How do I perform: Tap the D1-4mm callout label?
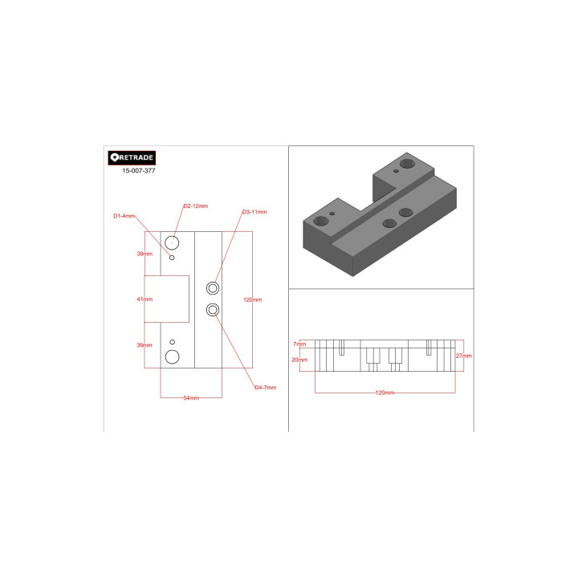pos(124,216)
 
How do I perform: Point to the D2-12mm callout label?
pos(195,206)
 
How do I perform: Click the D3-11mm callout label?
pos(254,212)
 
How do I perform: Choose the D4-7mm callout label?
pos(265,388)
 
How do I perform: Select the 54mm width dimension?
pos(191,398)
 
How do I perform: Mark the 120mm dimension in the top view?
pos(252,299)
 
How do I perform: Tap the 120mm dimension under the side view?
pos(385,393)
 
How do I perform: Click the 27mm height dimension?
pos(463,355)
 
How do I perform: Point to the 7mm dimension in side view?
pos(299,344)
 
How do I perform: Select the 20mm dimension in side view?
pos(299,360)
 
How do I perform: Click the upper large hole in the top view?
pos(173,242)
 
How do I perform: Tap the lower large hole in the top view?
pos(173,356)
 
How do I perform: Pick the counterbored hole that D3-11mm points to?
pos(213,287)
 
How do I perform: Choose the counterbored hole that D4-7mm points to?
pos(213,310)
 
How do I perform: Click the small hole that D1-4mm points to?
pos(173,258)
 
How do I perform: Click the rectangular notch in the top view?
pos(167,299)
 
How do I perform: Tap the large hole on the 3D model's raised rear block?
pos(409,163)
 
